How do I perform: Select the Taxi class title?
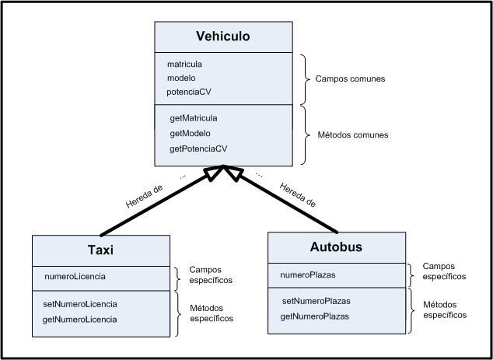101,250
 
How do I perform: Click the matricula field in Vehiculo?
190,65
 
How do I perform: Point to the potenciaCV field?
189,92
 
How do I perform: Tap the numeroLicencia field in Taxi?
75,276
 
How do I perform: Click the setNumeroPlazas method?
315,301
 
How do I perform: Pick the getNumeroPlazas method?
315,316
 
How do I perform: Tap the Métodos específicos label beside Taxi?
212,313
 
